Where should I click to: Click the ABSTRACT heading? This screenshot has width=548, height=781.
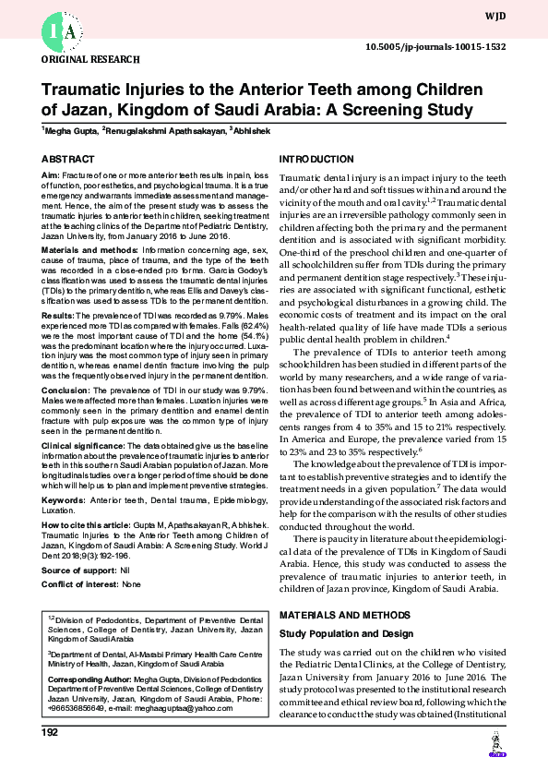point(68,160)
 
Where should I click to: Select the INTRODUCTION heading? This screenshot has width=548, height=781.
point(316,160)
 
